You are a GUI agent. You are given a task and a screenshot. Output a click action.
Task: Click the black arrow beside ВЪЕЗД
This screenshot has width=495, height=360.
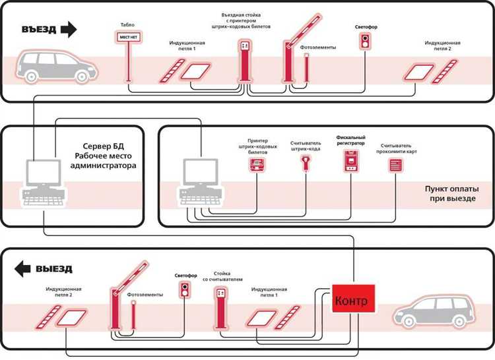(x=68, y=29)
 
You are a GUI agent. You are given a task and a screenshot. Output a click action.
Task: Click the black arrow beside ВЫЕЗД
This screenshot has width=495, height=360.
(x=24, y=268)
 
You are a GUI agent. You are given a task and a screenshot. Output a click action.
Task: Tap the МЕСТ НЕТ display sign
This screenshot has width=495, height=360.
(x=127, y=38)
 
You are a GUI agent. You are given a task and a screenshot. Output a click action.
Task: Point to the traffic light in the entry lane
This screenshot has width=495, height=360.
(x=364, y=42)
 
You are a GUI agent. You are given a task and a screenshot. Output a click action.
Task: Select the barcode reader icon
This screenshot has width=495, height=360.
(x=306, y=162)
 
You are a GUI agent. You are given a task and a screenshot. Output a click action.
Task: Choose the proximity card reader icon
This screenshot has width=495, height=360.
(x=395, y=164)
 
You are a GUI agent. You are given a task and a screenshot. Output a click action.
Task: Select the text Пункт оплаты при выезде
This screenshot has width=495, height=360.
(x=450, y=193)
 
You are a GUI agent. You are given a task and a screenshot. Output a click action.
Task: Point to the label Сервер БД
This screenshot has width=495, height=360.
(x=101, y=146)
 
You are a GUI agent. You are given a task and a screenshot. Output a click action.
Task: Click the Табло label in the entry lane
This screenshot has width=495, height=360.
(x=127, y=24)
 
